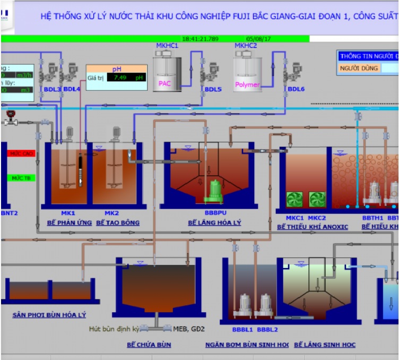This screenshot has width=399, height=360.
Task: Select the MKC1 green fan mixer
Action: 294,200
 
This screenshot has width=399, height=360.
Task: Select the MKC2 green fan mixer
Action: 317,200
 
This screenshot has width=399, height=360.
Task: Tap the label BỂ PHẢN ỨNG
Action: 69,222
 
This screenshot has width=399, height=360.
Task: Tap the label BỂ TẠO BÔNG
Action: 118,222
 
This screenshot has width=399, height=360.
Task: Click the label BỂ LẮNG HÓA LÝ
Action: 214,222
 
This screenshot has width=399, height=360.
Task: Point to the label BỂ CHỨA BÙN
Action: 149,345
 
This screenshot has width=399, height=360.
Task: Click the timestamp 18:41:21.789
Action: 200,39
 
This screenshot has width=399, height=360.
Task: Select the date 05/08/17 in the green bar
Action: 258,39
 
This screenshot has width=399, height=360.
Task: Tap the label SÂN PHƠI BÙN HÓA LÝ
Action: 49,315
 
